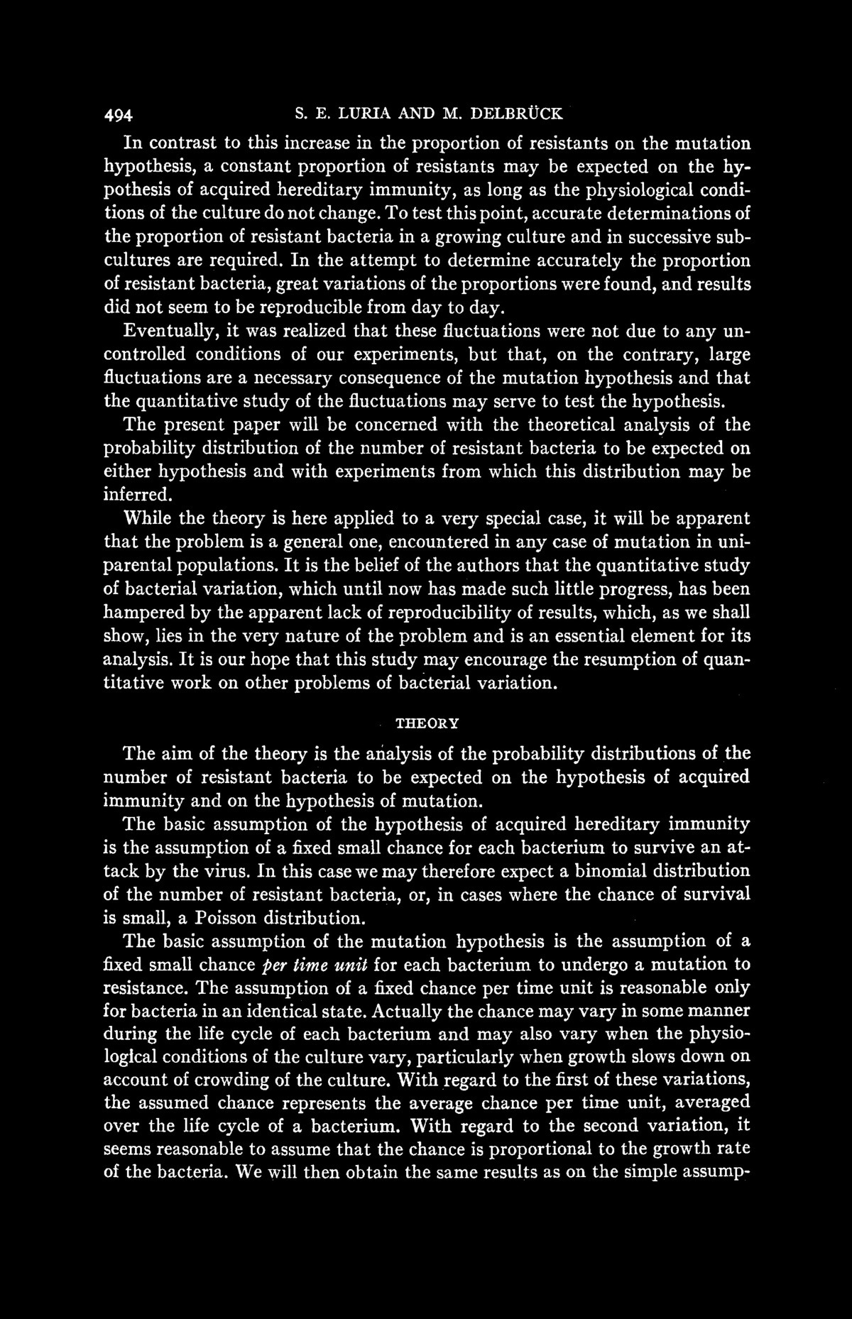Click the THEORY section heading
click(x=427, y=723)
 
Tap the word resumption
click(x=628, y=659)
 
